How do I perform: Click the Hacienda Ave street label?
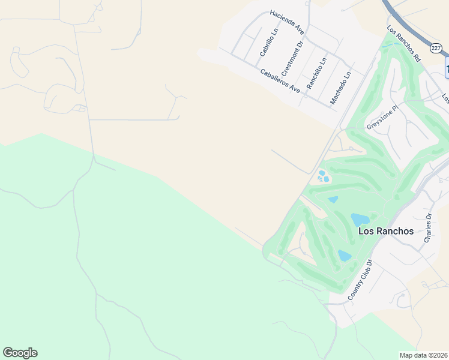[287, 22]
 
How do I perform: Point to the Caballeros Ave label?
[280, 80]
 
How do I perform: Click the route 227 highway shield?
[436, 47]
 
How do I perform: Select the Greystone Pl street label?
[382, 118]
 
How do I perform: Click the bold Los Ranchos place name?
[385, 231]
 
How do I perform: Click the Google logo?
[20, 353]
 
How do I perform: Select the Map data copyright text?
[423, 355]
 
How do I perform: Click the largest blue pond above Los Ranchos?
[360, 220]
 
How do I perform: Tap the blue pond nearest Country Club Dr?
[344, 256]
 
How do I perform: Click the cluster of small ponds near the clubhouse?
[323, 176]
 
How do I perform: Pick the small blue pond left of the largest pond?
[333, 200]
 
